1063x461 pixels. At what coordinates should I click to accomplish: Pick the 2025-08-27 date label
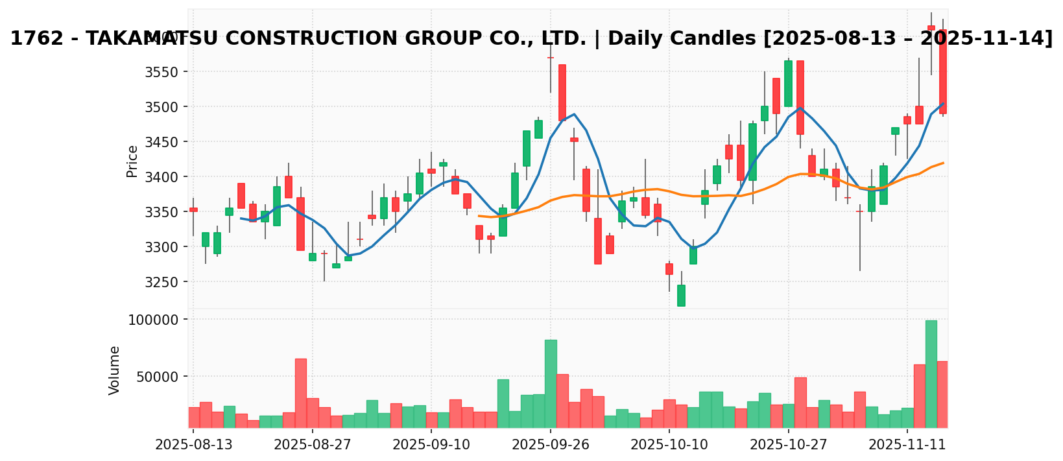click(313, 445)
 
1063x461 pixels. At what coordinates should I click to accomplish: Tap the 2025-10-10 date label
click(669, 445)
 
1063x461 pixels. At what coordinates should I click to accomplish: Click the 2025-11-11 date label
click(907, 445)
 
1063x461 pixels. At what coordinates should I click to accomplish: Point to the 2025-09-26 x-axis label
click(551, 445)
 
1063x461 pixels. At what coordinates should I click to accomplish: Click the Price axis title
click(132, 161)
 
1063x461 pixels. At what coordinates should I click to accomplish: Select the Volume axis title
click(115, 370)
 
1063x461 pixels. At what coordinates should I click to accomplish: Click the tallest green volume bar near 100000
click(931, 374)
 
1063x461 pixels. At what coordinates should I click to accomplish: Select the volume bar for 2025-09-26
click(551, 384)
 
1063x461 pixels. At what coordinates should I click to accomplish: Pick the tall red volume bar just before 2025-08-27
click(301, 393)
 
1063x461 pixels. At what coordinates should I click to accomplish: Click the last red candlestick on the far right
click(943, 72)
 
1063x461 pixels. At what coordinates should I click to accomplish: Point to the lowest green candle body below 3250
click(681, 296)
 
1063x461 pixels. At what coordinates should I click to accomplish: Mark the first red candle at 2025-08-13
click(193, 209)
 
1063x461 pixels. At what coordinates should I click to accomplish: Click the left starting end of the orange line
click(479, 216)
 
